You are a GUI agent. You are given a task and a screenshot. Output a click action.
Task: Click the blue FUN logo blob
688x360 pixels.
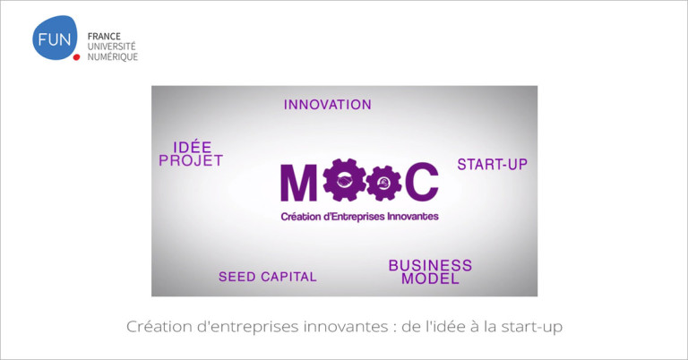coord(55,38)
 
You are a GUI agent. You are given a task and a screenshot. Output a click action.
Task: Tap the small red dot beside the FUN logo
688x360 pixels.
coord(76,57)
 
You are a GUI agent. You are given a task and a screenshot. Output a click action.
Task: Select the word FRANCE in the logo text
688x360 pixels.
coord(104,37)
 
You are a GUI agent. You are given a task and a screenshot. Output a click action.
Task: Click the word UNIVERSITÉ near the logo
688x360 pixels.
coord(111,46)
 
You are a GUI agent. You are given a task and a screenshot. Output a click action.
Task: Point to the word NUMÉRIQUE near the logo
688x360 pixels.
coord(113,56)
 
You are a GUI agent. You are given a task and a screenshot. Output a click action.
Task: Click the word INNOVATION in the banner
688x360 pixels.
coord(328,105)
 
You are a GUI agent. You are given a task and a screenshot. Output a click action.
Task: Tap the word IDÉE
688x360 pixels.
coord(193,148)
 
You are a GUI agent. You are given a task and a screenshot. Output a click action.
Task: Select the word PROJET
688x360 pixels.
coord(191,160)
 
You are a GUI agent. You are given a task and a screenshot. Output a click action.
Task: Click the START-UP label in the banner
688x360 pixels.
coord(493,165)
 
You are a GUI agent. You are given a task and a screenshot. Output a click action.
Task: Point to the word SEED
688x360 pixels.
coord(237,277)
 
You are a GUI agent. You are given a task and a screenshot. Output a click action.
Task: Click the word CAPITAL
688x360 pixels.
coord(288,277)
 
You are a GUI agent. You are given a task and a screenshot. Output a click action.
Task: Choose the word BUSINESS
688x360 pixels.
coord(430,265)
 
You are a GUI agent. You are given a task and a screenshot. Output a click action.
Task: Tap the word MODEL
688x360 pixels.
coord(430,279)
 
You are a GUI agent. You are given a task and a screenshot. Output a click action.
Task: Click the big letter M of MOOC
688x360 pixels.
coord(299,183)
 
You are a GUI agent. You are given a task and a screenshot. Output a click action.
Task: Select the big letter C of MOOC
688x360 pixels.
coord(422,182)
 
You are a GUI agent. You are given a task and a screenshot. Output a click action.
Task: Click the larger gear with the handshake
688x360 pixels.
coord(344,180)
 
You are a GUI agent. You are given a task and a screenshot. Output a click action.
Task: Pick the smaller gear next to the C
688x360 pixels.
coord(384,183)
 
